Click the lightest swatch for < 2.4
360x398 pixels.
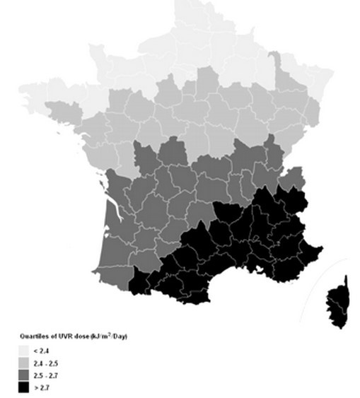pos(23,351)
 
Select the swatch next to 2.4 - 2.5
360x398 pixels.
pos(23,363)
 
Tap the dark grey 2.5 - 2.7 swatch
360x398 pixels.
pos(23,375)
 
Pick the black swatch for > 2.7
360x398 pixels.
pos(23,388)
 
